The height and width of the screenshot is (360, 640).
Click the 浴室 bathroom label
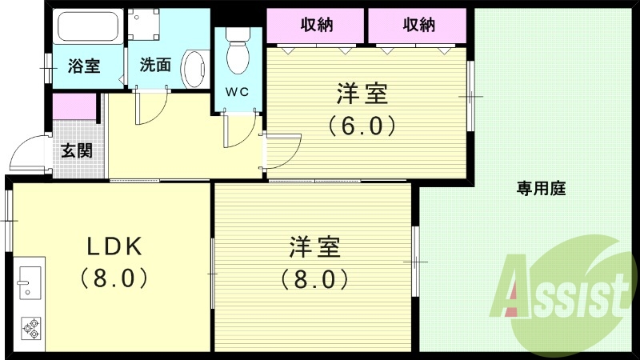(x=84, y=66)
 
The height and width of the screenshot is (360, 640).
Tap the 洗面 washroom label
(x=155, y=66)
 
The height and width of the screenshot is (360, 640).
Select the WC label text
(x=237, y=92)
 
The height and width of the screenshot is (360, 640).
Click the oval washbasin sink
(x=193, y=70)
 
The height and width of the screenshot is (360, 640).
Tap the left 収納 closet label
(x=318, y=25)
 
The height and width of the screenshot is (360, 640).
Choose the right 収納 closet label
(x=418, y=25)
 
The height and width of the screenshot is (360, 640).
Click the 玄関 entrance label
(x=77, y=150)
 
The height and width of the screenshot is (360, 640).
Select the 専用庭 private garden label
(x=541, y=189)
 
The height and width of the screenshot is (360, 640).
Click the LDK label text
(x=114, y=246)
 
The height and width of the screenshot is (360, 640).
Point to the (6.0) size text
(x=361, y=126)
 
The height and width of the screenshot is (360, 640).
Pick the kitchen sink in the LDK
(x=29, y=281)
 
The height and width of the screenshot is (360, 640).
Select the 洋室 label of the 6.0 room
(x=362, y=94)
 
